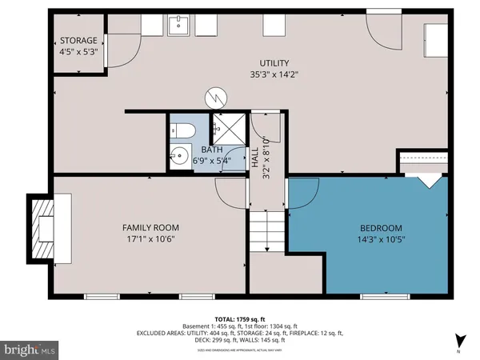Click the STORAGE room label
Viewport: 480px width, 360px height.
tap(78, 41)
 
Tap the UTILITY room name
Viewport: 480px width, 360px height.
tap(274, 63)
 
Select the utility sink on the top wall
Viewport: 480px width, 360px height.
tap(180, 27)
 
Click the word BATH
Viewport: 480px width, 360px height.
tap(212, 150)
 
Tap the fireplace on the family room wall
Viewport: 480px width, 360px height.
tap(42, 228)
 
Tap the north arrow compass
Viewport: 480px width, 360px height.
tap(458, 340)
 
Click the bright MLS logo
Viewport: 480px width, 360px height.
tap(30, 349)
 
